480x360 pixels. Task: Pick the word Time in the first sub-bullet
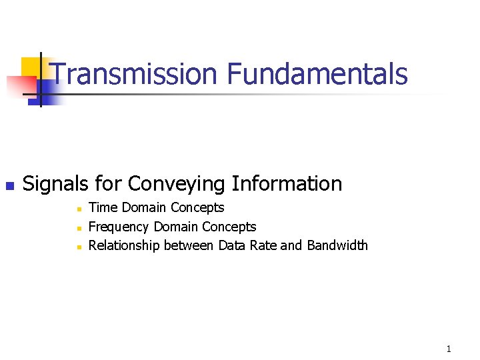(103, 207)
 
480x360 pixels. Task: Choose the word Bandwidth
(337, 245)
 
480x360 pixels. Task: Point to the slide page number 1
(449, 349)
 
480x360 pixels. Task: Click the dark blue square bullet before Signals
(9, 185)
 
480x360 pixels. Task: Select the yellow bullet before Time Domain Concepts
(78, 209)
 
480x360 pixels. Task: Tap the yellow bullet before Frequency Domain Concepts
(78, 228)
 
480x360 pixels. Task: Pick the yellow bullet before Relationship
(78, 247)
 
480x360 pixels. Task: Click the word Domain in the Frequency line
(176, 227)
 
